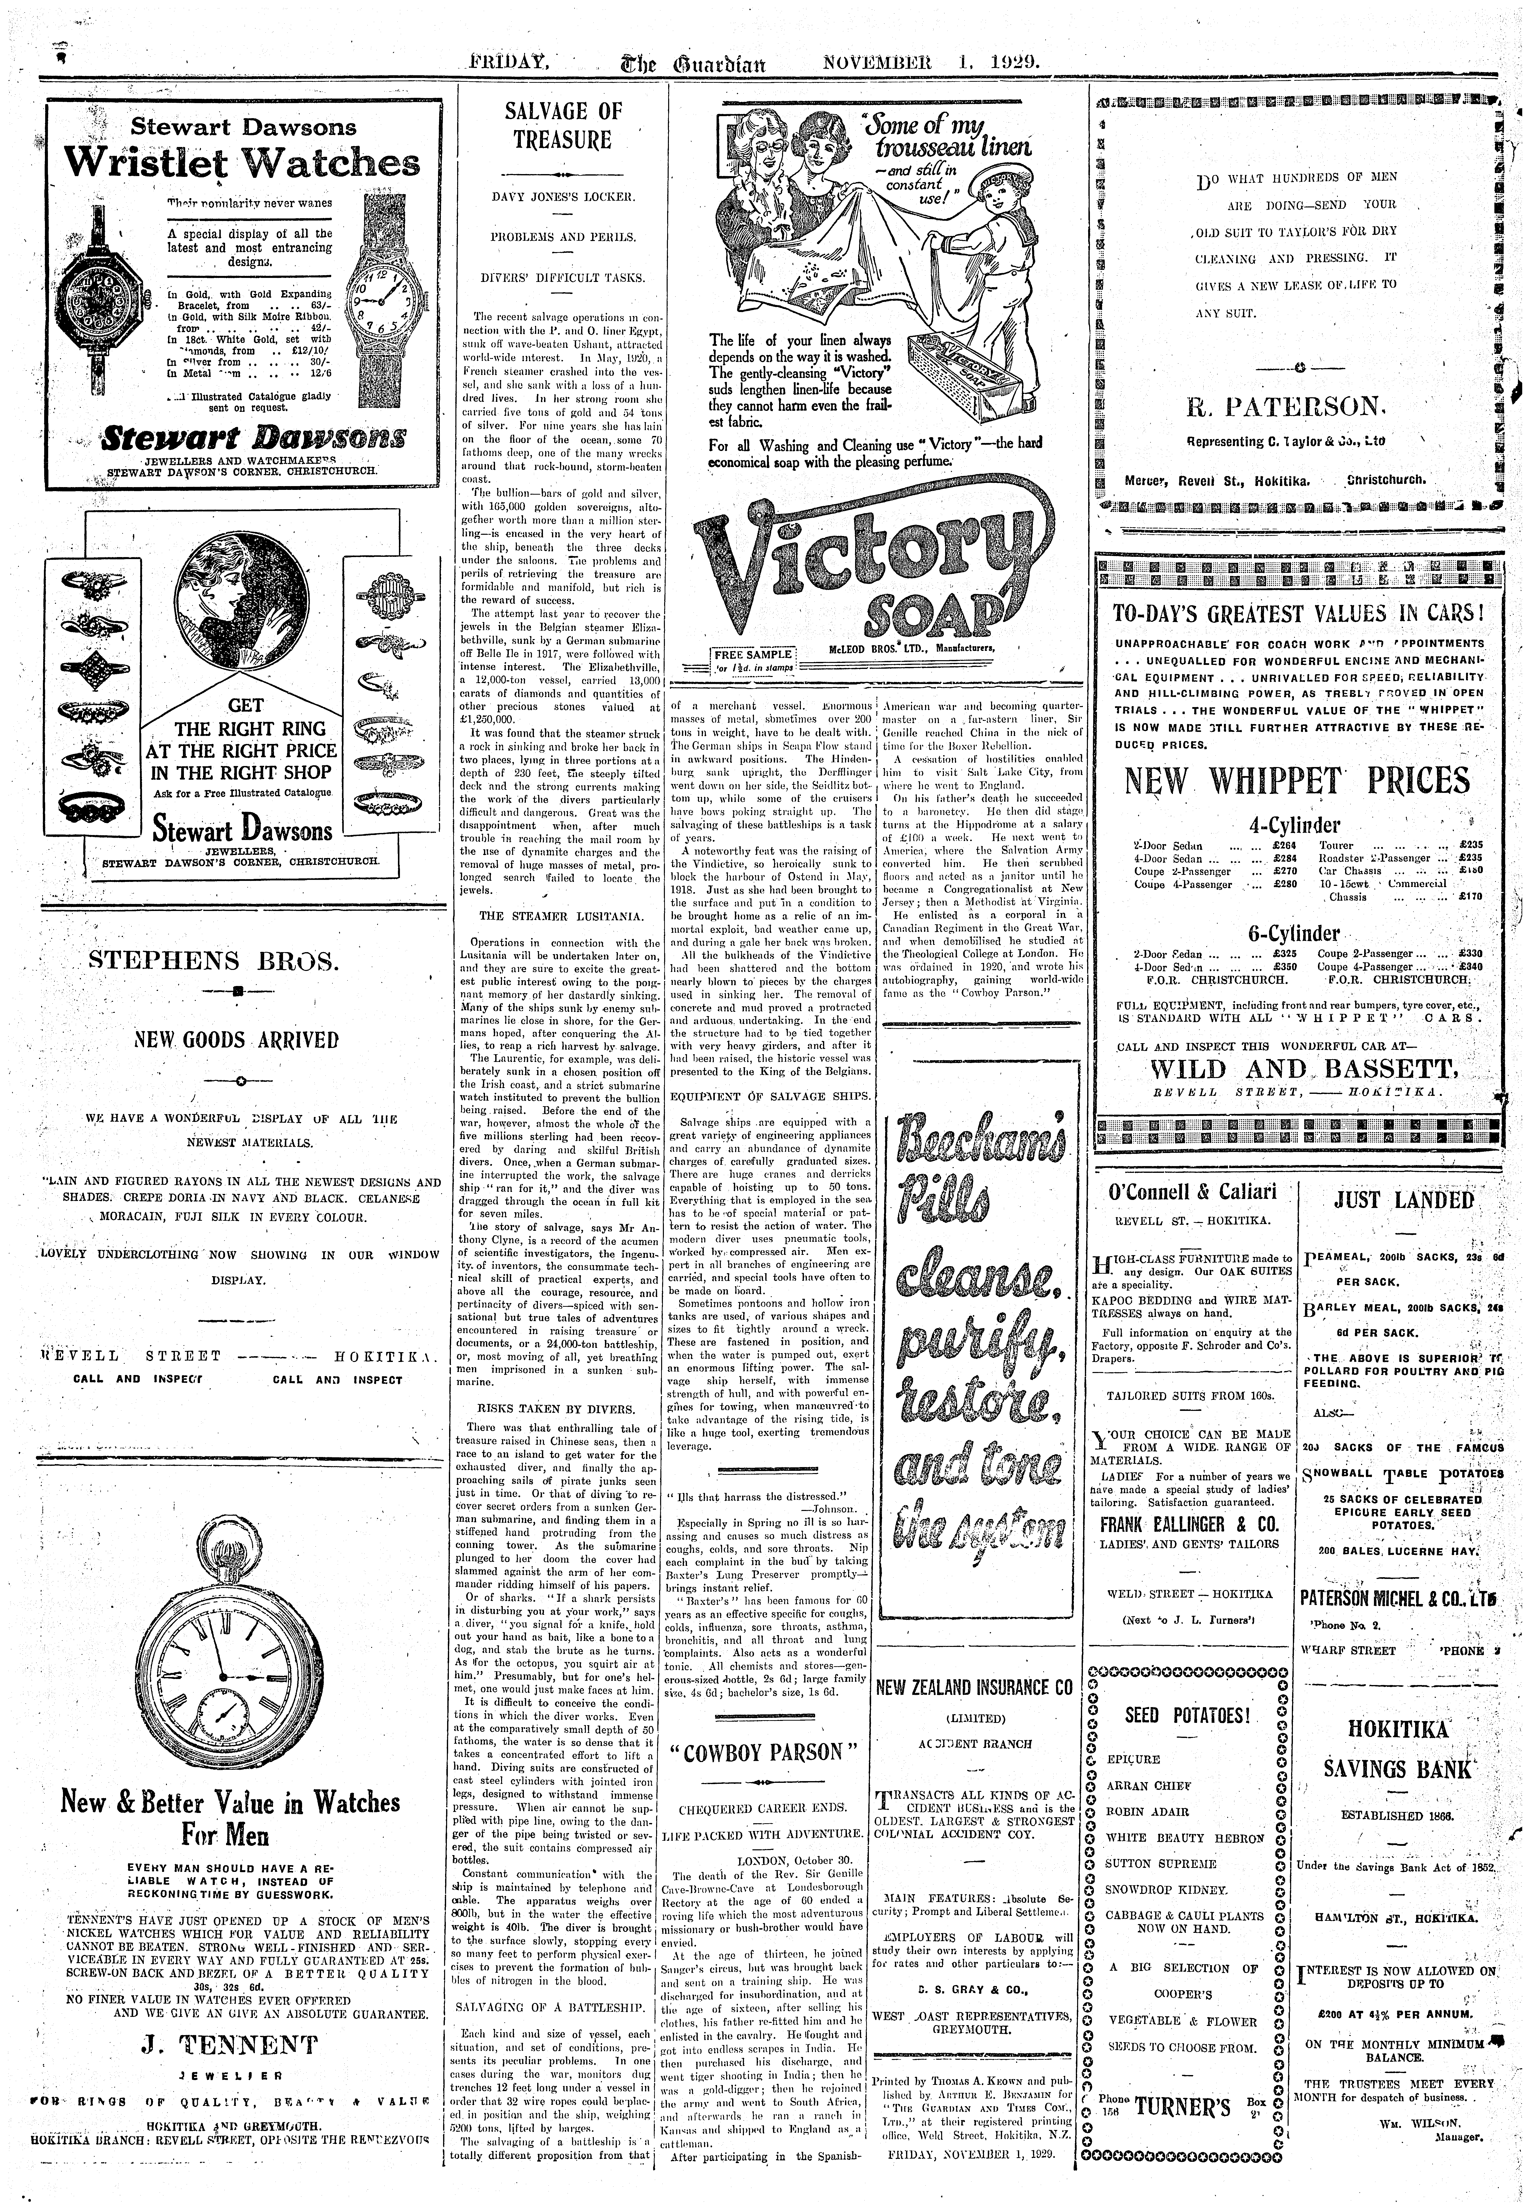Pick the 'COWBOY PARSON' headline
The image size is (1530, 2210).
(767, 1753)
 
